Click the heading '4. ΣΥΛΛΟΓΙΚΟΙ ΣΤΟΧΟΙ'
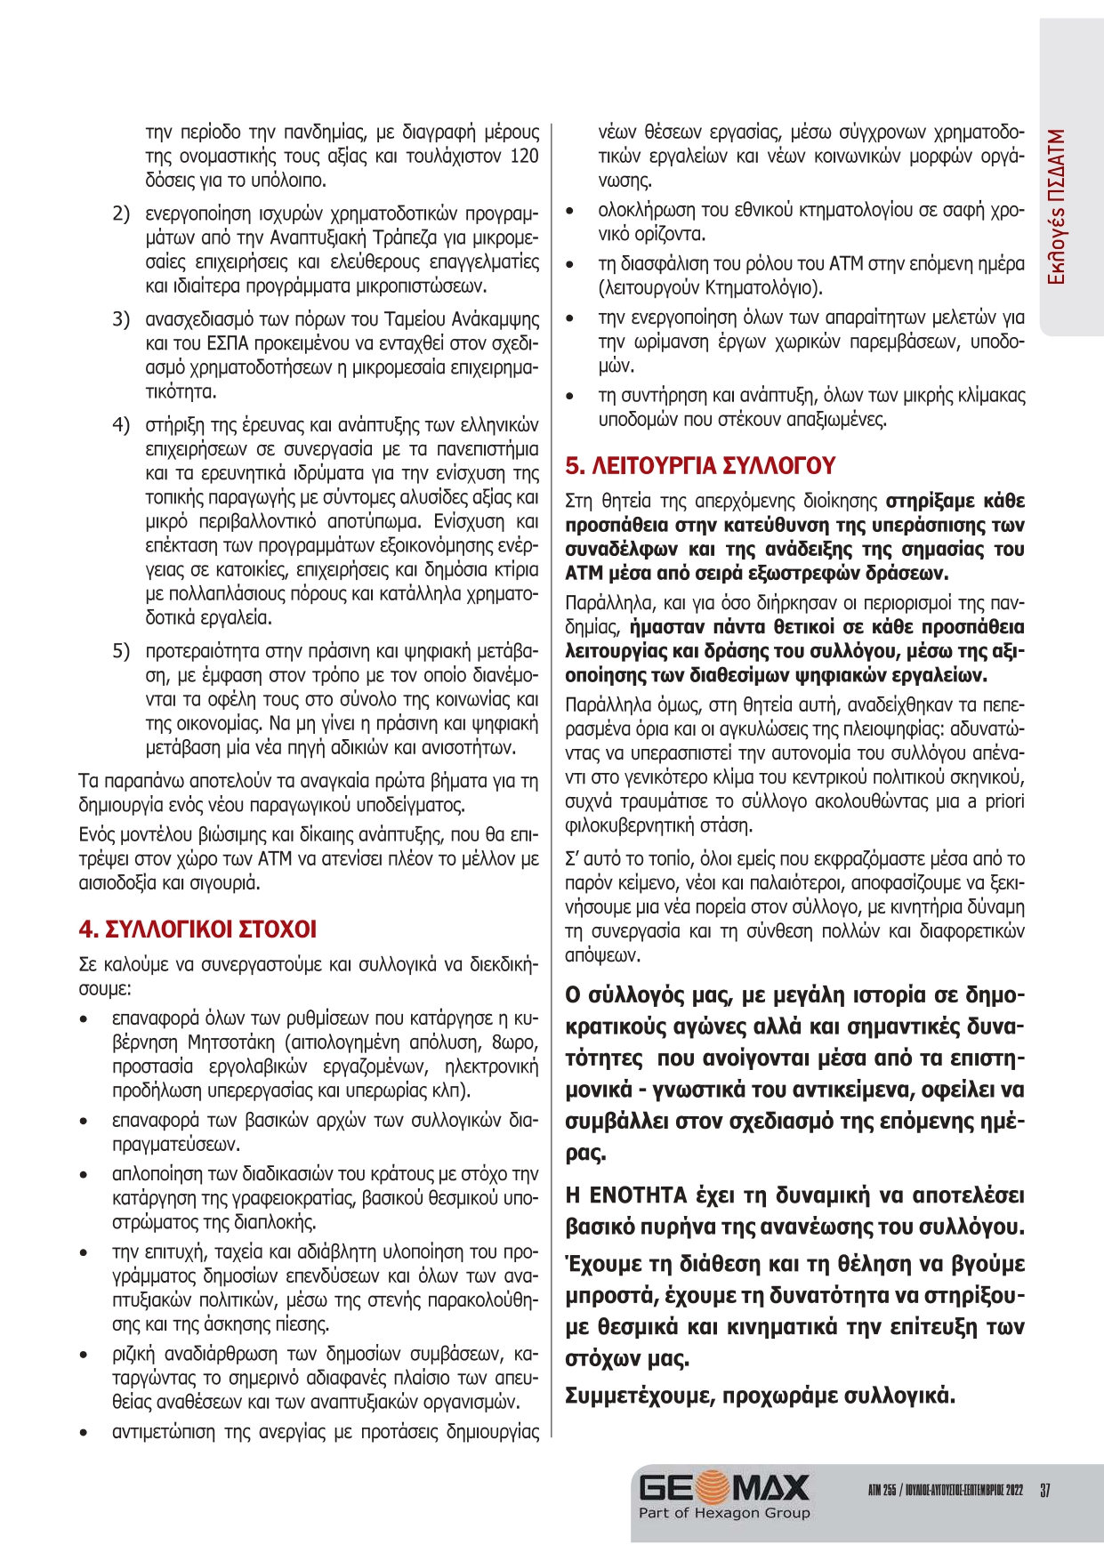tap(197, 929)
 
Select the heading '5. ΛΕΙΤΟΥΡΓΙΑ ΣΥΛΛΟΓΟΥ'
tap(700, 466)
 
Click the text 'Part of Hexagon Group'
tap(724, 1513)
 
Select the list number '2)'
tap(121, 213)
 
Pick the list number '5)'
tap(121, 651)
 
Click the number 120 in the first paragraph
tap(524, 157)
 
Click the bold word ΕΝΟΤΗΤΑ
tap(639, 1195)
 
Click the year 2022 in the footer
tap(1014, 1491)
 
